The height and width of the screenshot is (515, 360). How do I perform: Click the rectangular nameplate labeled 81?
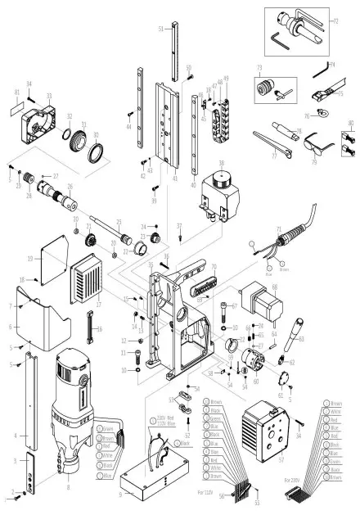(16, 107)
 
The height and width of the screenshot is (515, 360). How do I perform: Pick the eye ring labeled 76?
(310, 116)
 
